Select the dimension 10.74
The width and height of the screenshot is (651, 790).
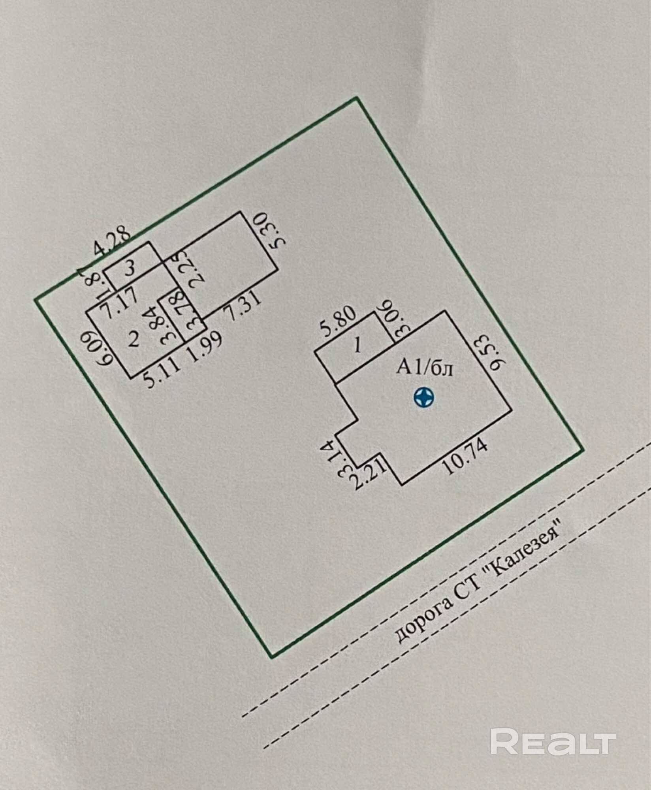(466, 457)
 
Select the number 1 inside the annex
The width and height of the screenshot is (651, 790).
(357, 346)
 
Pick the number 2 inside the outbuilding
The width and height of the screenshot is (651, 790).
(134, 340)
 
